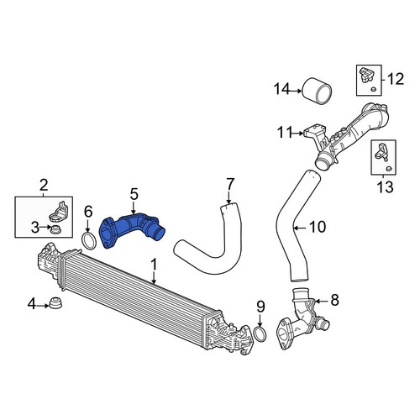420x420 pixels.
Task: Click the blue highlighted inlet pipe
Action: [132, 229]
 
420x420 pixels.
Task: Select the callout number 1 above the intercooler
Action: [154, 265]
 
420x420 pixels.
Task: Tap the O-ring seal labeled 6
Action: [89, 240]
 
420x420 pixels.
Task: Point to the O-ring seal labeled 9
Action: [260, 333]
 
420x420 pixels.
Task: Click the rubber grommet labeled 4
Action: [55, 303]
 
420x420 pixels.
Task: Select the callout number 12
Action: [396, 79]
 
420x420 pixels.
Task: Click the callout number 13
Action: [386, 186]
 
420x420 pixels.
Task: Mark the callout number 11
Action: [285, 133]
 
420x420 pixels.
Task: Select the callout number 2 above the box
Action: [44, 185]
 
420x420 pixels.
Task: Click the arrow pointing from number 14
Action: [295, 91]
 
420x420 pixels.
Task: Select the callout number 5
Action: [134, 194]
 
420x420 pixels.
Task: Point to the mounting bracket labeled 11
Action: [317, 137]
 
